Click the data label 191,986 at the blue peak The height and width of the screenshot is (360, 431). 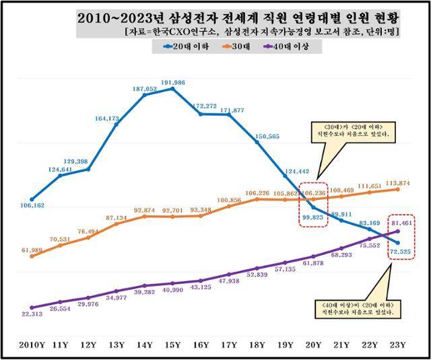tap(173, 81)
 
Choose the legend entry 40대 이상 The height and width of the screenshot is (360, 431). tap(294, 46)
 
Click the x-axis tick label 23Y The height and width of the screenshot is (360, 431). tap(398, 345)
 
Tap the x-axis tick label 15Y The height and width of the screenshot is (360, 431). tap(173, 345)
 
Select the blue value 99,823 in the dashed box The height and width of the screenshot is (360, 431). tap(312, 217)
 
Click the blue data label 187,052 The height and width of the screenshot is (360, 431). tap(145, 88)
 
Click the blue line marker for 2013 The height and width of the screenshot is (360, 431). tap(117, 124)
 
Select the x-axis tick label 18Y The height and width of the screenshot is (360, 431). tap(257, 345)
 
